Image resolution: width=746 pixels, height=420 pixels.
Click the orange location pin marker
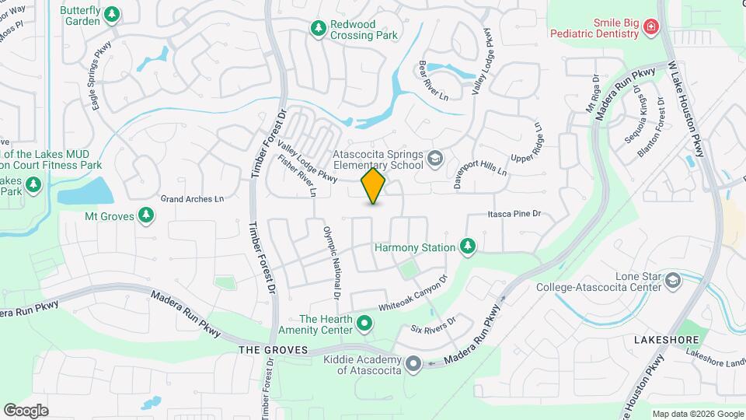coord(374,186)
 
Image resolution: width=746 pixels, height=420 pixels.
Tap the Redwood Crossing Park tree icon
coord(318,30)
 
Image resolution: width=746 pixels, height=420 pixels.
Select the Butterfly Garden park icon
coord(113,15)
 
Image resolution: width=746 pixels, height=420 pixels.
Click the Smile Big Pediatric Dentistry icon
coord(650,29)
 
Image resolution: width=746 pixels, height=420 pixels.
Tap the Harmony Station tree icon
coord(467,247)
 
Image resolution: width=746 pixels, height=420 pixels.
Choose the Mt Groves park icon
coord(145,214)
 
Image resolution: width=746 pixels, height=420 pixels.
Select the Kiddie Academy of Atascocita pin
coord(413,363)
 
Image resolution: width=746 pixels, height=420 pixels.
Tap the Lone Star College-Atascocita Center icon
coord(673,281)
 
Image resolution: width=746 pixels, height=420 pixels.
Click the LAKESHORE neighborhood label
coord(667,341)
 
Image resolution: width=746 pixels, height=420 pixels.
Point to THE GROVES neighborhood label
coord(273,350)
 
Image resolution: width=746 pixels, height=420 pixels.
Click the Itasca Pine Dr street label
coord(514,213)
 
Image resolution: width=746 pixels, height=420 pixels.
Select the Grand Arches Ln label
coord(192,198)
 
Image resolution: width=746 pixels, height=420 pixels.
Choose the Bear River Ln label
coord(434,81)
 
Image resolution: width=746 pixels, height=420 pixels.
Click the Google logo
coord(26,410)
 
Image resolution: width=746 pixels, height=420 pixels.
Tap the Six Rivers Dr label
coord(433,324)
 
